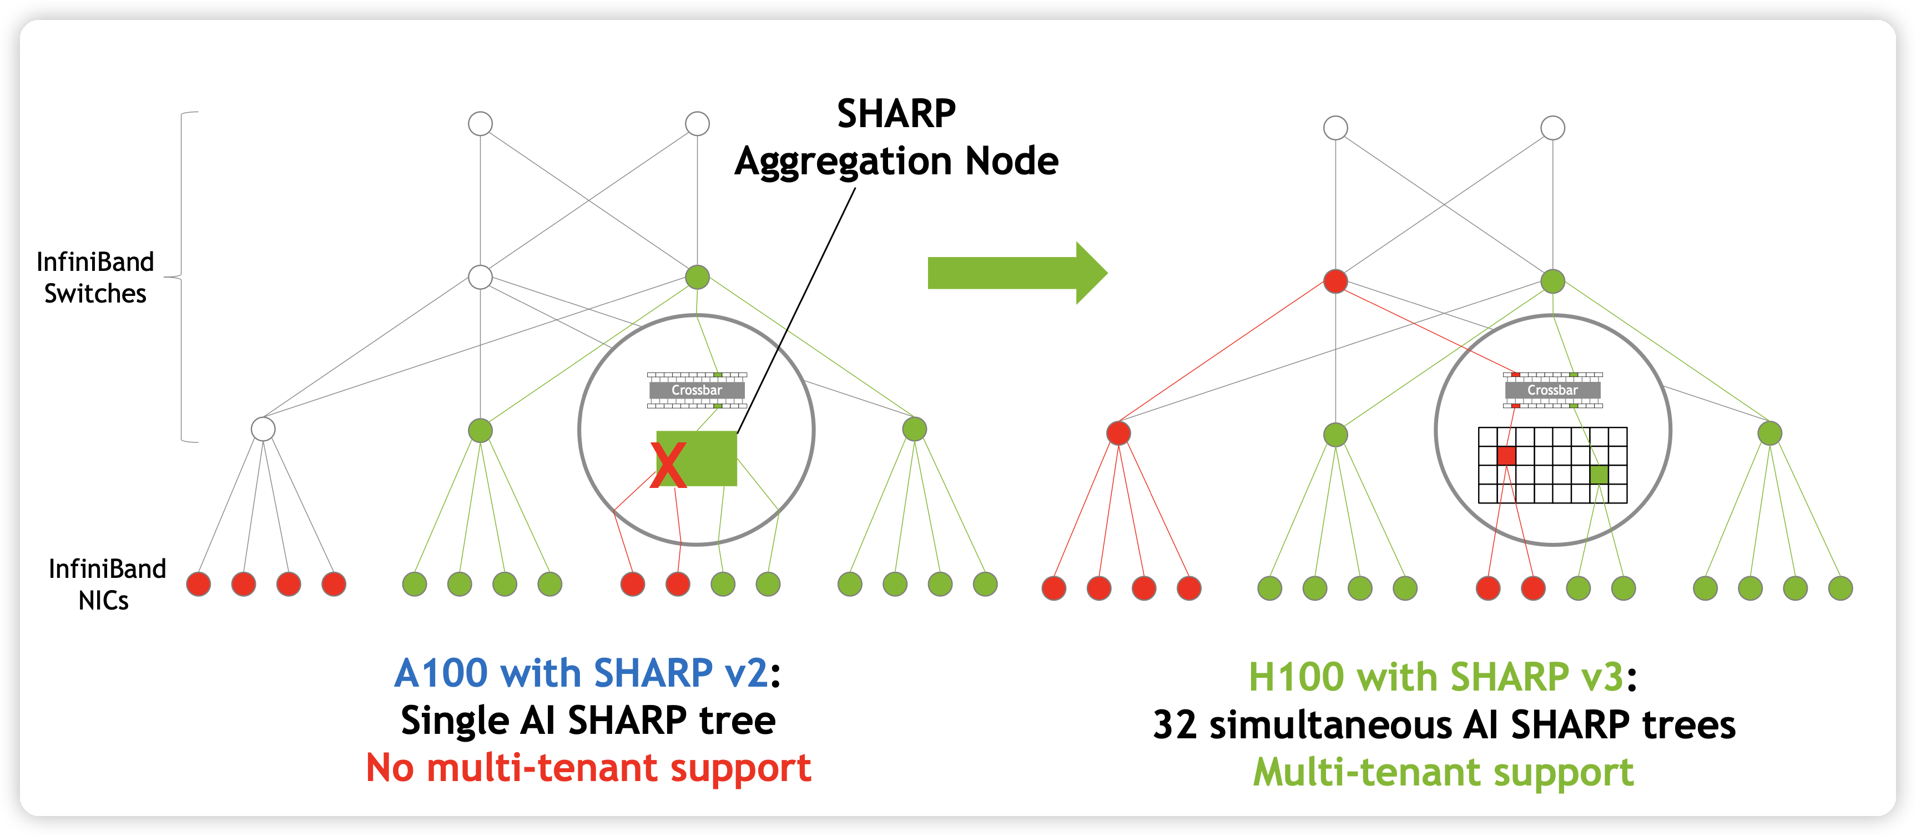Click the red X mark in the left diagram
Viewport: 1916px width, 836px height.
(x=667, y=465)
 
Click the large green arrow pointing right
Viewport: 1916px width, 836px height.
(x=1016, y=273)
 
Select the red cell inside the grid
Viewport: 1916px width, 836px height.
(x=1506, y=456)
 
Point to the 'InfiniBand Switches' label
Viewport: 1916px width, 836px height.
(x=95, y=278)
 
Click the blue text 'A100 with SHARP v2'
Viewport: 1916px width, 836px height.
(x=580, y=673)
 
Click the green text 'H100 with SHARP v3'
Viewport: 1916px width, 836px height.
(x=1435, y=677)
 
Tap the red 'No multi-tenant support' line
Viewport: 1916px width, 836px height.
(x=588, y=768)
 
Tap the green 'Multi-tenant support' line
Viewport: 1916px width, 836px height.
(x=1443, y=772)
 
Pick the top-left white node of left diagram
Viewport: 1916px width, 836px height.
(x=481, y=123)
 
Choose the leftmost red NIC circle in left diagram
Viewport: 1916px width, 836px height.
(x=199, y=584)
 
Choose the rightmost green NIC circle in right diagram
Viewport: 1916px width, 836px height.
(x=1839, y=588)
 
